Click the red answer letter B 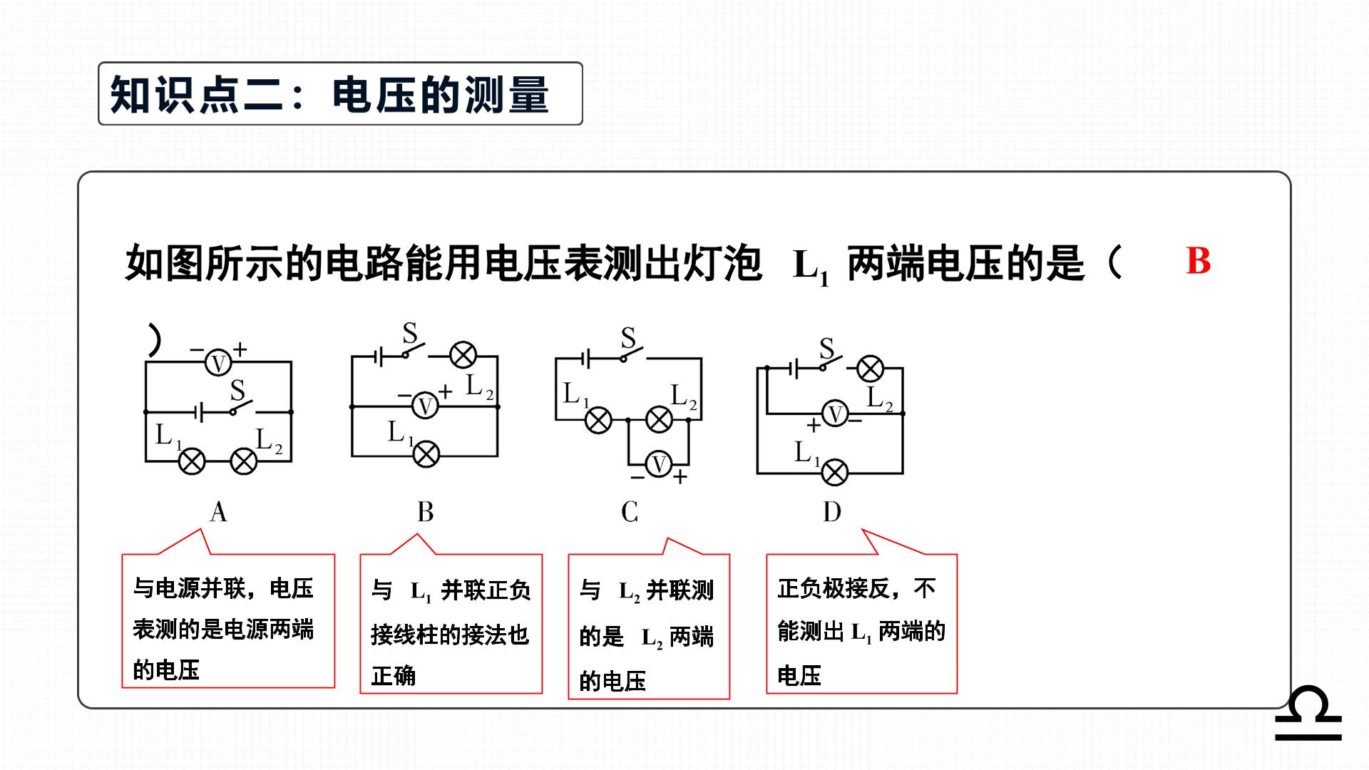click(x=1198, y=261)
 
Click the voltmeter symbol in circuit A click(x=218, y=363)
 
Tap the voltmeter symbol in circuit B click(x=426, y=406)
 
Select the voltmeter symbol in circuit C click(x=660, y=464)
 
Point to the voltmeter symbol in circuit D click(x=835, y=414)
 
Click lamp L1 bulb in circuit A click(x=191, y=461)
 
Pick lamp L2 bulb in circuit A click(x=244, y=461)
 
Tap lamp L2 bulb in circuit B click(x=463, y=355)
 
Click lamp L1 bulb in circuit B click(x=426, y=454)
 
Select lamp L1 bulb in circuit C click(x=599, y=420)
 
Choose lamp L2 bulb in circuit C click(x=659, y=420)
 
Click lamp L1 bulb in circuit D click(x=835, y=472)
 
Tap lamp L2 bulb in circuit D click(x=870, y=369)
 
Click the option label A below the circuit click(x=218, y=512)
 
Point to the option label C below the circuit click(x=630, y=512)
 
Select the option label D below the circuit click(x=832, y=512)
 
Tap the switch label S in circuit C click(x=628, y=337)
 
